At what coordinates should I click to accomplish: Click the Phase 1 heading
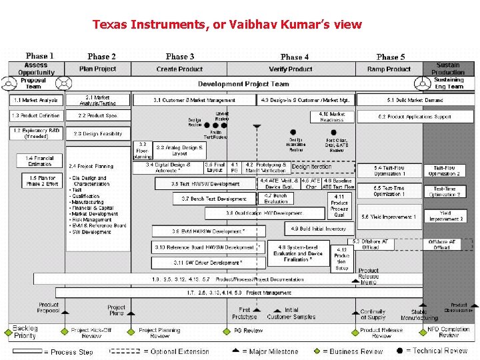[40, 56]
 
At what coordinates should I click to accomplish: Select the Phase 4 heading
[295, 57]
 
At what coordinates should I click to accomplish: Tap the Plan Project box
[97, 69]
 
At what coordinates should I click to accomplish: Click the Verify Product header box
[291, 69]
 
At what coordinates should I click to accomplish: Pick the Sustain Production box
[448, 69]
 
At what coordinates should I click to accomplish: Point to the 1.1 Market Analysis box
[36, 100]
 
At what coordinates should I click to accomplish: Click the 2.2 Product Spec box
[97, 115]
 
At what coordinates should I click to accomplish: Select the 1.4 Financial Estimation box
[40, 161]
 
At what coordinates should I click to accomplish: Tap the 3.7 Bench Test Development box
[214, 199]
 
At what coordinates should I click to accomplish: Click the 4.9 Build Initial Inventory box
[319, 229]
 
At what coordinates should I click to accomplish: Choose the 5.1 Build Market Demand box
[415, 100]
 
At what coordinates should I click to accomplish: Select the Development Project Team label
[243, 84]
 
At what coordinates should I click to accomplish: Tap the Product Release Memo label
[369, 276]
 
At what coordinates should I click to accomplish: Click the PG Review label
[248, 330]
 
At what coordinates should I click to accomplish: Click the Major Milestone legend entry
[271, 351]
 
